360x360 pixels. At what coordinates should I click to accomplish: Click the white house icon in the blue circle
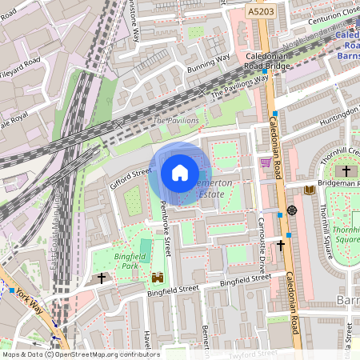pyautogui.click(x=180, y=173)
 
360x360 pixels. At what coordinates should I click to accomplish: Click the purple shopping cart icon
pyautogui.click(x=265, y=162)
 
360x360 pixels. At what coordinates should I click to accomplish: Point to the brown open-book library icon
pyautogui.click(x=309, y=190)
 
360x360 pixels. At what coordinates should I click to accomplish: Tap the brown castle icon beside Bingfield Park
pyautogui.click(x=157, y=278)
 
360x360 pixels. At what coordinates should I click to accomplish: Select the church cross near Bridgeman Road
pyautogui.click(x=346, y=171)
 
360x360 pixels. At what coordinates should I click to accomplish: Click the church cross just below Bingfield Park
pyautogui.click(x=102, y=278)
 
